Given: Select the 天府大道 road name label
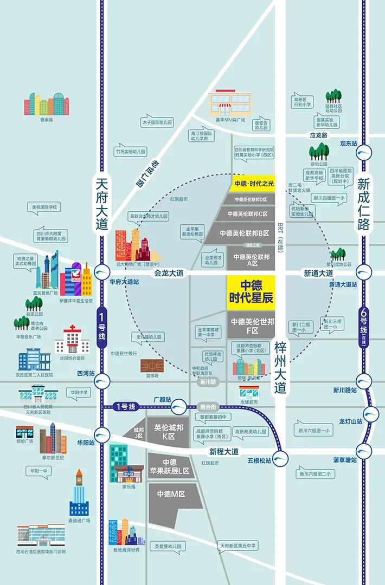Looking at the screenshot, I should tap(102, 203).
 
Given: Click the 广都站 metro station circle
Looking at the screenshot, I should tap(178, 406).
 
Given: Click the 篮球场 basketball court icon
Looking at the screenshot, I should tap(152, 366).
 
